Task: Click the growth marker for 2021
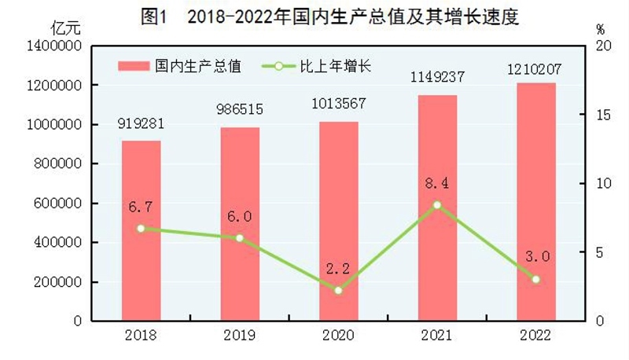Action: tap(437, 205)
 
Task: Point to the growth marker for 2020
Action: tap(338, 290)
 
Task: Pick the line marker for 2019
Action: tap(240, 237)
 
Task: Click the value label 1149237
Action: tap(437, 79)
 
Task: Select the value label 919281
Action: tap(141, 124)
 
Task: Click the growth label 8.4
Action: tap(437, 184)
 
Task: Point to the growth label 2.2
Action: tap(338, 269)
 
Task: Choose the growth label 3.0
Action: tap(535, 257)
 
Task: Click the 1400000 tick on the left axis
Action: tap(56, 46)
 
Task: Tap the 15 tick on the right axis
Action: tap(601, 115)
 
